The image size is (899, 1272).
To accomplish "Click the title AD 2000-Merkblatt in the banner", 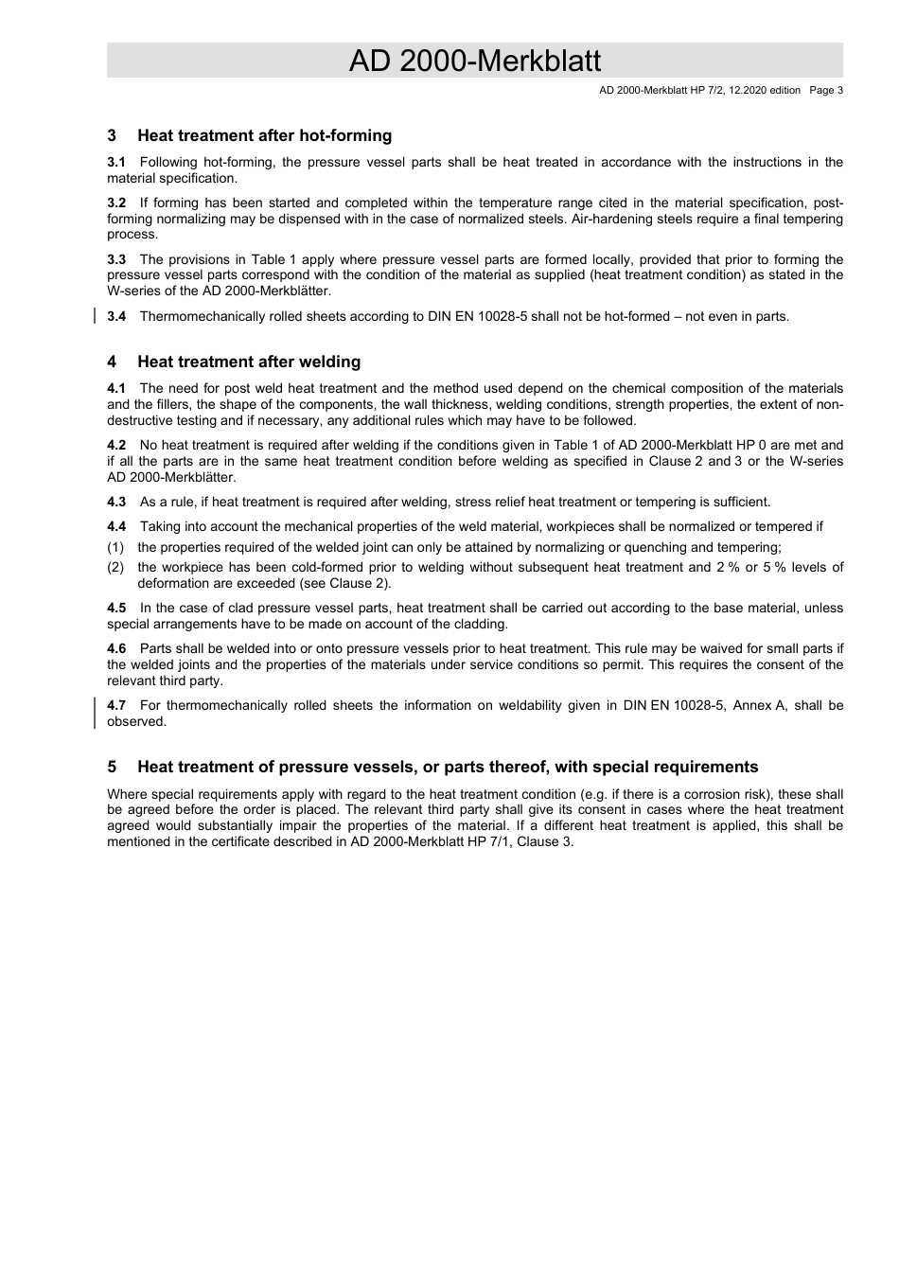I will point(474,61).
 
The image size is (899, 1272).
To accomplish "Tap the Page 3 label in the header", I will point(825,91).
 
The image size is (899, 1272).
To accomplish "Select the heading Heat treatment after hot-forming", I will point(264,135).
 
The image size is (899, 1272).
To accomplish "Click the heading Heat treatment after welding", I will point(249,362).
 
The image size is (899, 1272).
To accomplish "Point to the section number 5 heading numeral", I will point(112,767).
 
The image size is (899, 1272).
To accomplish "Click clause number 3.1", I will point(116,162).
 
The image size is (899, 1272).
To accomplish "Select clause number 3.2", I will point(116,203).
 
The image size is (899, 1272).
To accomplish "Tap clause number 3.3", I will point(116,259).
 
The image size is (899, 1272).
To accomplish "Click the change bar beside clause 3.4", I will point(95,316).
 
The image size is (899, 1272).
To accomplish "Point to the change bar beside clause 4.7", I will point(95,713).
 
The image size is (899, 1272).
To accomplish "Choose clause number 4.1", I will point(116,388).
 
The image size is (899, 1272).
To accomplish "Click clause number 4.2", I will point(116,445).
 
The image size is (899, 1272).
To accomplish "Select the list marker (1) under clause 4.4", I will point(115,547).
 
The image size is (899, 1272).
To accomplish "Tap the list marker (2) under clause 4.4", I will point(115,567).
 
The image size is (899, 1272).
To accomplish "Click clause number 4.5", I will point(116,608).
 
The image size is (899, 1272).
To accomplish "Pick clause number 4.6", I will point(116,648).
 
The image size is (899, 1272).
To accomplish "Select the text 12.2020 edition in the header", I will point(760,91).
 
